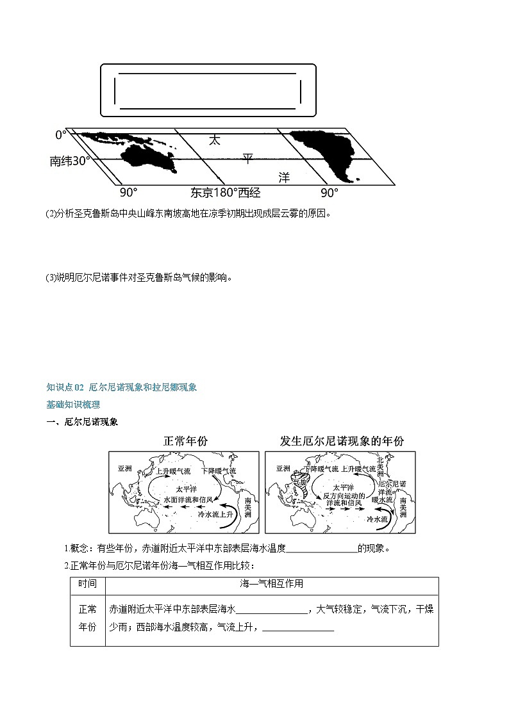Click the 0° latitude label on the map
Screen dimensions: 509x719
coord(60,135)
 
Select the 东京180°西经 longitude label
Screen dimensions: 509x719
coord(226,193)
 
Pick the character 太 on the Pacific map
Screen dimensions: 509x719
coord(214,140)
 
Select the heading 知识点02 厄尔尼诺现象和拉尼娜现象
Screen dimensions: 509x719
coord(121,387)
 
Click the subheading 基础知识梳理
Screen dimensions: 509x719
coord(73,405)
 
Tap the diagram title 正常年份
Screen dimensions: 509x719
coord(186,442)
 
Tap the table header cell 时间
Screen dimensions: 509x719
coord(88,584)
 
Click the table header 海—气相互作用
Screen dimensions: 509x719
coord(271,584)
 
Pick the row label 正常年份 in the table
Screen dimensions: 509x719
coord(88,618)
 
